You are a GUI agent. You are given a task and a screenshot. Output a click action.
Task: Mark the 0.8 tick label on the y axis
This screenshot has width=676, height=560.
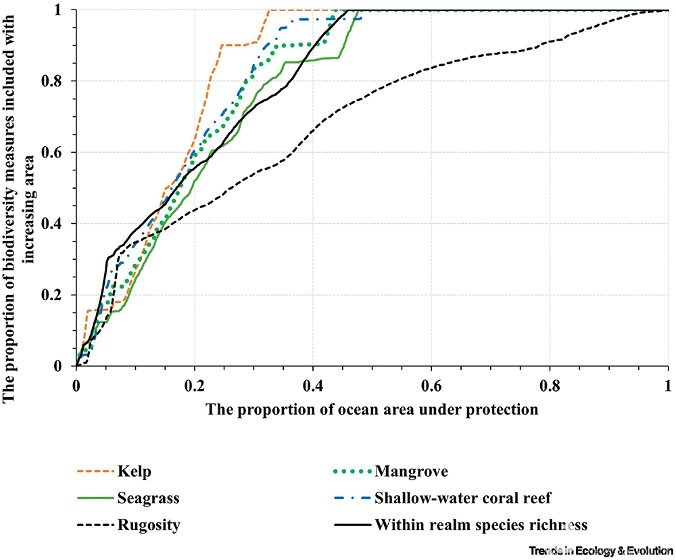pyautogui.click(x=58, y=81)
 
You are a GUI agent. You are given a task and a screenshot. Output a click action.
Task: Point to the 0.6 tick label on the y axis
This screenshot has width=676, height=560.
pyautogui.click(x=58, y=153)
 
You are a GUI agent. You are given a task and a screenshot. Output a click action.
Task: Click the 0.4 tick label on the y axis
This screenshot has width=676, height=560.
pyautogui.click(x=58, y=224)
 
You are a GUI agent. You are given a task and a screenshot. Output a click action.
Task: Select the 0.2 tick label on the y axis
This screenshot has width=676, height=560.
pyautogui.click(x=58, y=296)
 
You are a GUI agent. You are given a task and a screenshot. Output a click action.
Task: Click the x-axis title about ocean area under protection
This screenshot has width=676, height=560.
pyautogui.click(x=372, y=409)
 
